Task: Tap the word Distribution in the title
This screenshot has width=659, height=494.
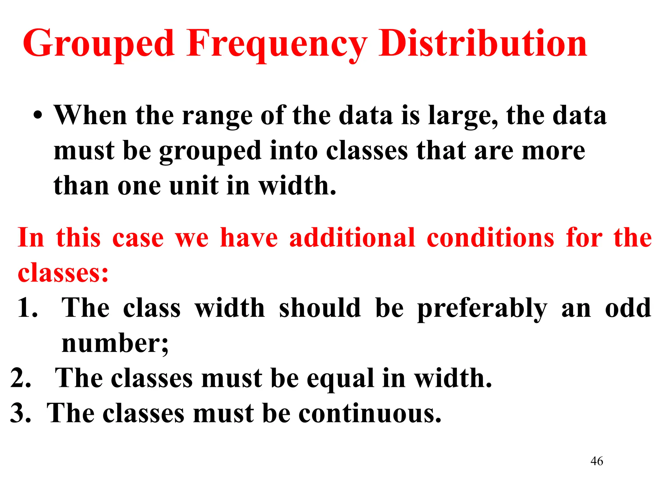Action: tap(483, 43)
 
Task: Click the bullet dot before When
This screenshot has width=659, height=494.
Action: tap(38, 116)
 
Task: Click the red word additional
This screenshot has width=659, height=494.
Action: tap(352, 238)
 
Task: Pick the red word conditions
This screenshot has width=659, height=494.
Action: tap(490, 238)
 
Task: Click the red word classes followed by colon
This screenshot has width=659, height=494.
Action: tap(63, 273)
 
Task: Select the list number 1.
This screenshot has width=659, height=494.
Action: tap(27, 308)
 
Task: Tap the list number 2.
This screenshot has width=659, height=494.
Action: tap(21, 378)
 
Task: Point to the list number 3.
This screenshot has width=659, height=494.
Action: tap(21, 413)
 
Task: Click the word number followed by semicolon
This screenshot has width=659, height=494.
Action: tap(115, 343)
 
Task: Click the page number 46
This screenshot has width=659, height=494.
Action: tap(597, 461)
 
